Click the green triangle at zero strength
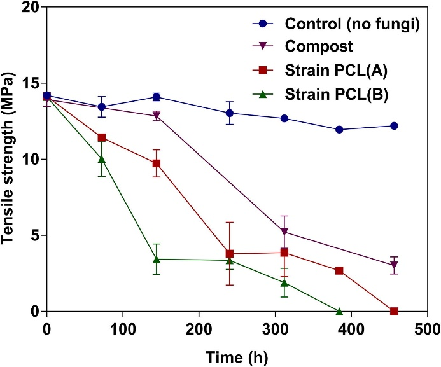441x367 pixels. point(339,311)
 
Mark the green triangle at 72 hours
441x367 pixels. point(101,159)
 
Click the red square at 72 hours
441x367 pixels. point(101,137)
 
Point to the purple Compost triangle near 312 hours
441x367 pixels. point(284,232)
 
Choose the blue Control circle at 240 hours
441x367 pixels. point(229,113)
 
